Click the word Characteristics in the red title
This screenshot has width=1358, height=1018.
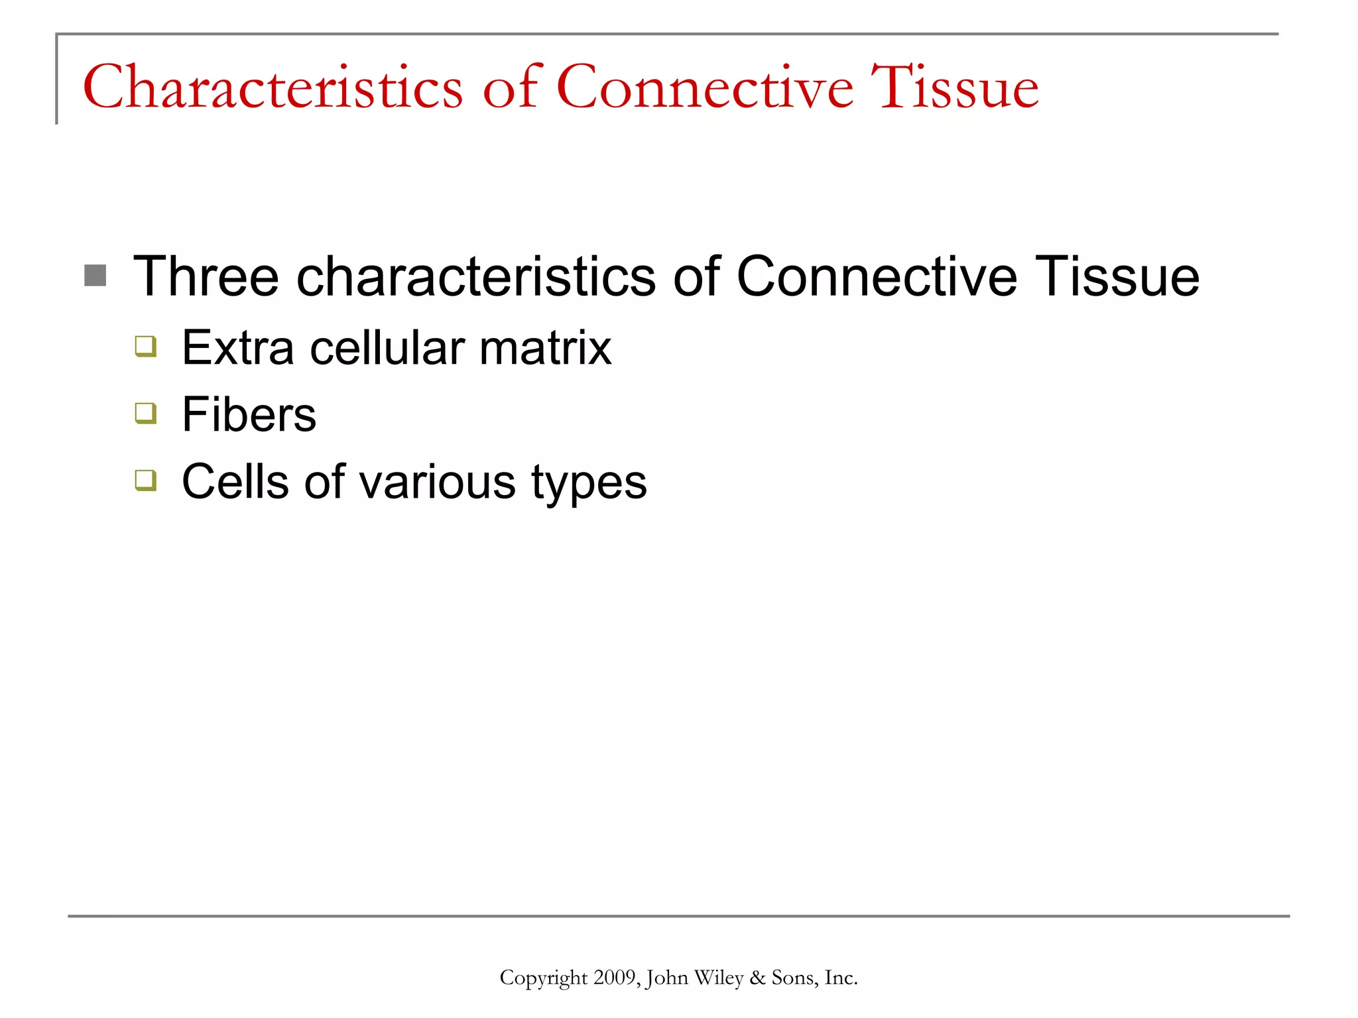[x=273, y=87]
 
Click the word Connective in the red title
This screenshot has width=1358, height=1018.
[x=704, y=87]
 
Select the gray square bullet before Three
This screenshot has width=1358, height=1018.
[x=95, y=276]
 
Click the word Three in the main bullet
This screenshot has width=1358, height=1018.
[x=206, y=276]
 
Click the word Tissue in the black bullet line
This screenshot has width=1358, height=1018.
[x=1117, y=276]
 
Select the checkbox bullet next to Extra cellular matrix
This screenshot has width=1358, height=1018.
[x=145, y=346]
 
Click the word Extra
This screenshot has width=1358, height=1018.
[x=237, y=348]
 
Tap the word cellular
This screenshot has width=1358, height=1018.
[x=387, y=348]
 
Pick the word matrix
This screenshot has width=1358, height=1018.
[x=545, y=348]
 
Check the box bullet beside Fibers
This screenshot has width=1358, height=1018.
[x=145, y=413]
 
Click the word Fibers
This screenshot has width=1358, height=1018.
[x=249, y=415]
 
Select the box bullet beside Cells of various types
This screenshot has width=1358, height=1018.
[x=145, y=479]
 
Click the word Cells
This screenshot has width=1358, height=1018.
[x=235, y=482]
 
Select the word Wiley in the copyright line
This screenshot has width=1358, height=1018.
[x=718, y=978]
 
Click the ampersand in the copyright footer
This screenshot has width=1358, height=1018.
[x=757, y=978]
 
